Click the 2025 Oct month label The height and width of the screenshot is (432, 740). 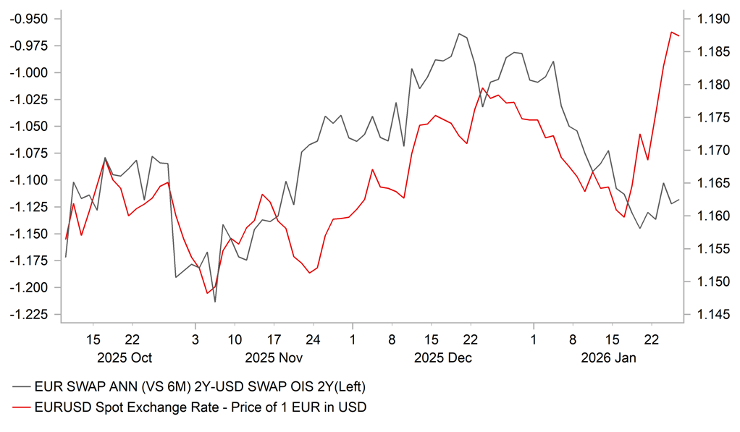[125, 357]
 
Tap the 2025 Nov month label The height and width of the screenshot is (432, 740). [274, 357]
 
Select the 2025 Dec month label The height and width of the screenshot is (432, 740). [443, 357]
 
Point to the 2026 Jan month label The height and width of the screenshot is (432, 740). [608, 357]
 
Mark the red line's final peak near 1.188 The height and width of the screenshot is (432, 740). [672, 32]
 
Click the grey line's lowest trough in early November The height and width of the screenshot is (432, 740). [215, 302]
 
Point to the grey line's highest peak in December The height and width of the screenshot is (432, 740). [458, 33]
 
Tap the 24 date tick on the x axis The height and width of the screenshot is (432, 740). [313, 339]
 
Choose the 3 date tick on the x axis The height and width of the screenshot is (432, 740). [195, 339]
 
